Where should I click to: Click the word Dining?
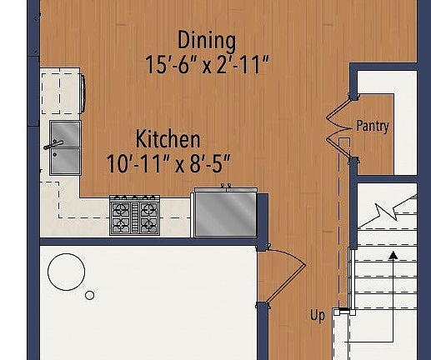click(x=207, y=40)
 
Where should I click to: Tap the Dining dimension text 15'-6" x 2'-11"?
click(x=207, y=65)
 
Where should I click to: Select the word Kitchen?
click(x=168, y=138)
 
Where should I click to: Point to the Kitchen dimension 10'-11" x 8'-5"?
click(x=168, y=162)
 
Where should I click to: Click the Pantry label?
click(x=373, y=127)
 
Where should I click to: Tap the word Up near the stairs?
click(x=318, y=316)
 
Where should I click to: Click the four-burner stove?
click(x=134, y=216)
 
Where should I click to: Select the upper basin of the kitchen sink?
click(x=66, y=133)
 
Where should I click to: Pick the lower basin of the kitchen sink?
click(x=66, y=161)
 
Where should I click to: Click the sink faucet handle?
click(x=52, y=146)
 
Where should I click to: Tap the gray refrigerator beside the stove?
click(x=225, y=213)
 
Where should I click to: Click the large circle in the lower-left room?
click(x=66, y=271)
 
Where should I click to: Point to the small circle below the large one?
click(x=90, y=295)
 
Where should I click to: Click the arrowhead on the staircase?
click(x=391, y=252)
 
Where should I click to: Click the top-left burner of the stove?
click(x=123, y=208)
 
